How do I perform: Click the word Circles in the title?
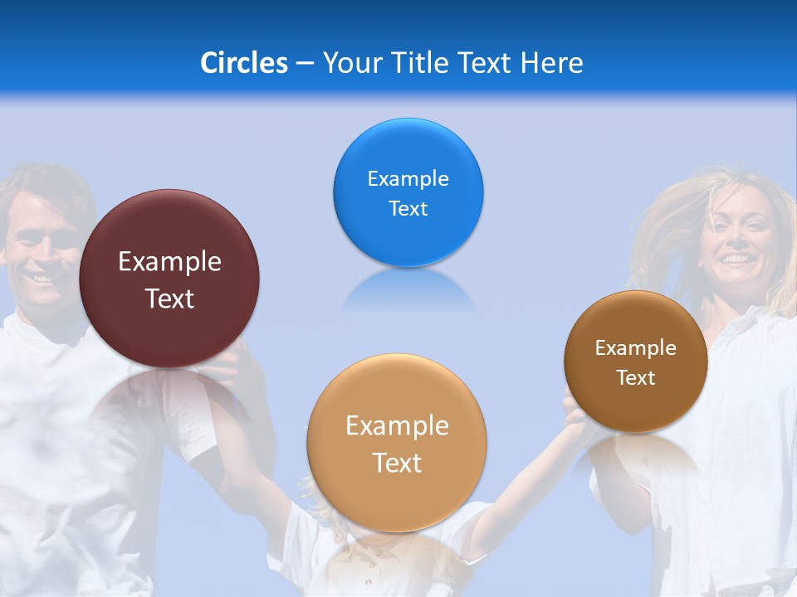(243, 63)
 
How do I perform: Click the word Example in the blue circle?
(408, 179)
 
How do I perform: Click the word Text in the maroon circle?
(169, 298)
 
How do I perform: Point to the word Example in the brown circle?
(636, 348)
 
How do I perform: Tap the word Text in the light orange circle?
(397, 463)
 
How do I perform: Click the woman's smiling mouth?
(734, 260)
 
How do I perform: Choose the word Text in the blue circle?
(408, 209)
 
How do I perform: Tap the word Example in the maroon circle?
(169, 262)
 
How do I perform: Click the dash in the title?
(304, 64)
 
